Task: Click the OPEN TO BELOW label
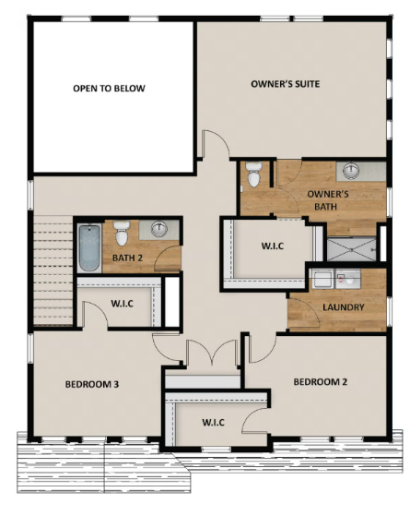click(x=110, y=89)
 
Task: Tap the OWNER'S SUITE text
click(x=285, y=84)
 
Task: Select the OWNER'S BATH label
click(x=327, y=200)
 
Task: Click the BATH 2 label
click(x=126, y=258)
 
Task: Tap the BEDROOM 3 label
click(x=92, y=384)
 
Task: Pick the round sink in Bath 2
click(x=159, y=231)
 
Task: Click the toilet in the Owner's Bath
click(x=254, y=173)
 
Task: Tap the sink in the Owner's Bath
click(x=350, y=170)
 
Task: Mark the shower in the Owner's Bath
click(x=350, y=245)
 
